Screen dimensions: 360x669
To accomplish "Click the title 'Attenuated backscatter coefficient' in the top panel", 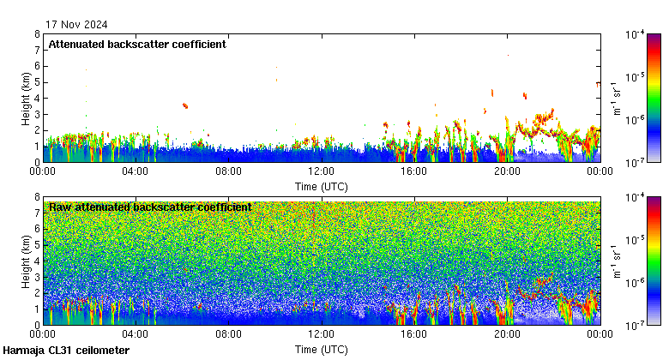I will click(137, 45).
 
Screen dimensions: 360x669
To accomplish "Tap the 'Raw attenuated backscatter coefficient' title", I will click(150, 207).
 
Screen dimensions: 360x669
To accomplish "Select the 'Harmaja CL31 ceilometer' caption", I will click(66, 351).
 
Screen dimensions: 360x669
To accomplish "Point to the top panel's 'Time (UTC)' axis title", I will click(321, 186).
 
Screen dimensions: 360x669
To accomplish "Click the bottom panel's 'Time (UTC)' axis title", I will click(321, 349).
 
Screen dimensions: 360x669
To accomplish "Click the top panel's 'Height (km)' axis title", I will click(25, 98).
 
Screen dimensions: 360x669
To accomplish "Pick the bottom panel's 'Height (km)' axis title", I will click(25, 261).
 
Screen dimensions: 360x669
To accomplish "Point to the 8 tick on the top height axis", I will click(36, 34).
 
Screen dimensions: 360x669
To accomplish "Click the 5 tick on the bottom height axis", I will click(36, 245).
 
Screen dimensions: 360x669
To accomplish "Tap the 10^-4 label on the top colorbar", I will click(636, 35).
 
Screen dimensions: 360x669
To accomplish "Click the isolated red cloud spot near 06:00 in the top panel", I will click(185, 105).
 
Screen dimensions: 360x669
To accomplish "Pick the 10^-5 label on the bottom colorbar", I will click(636, 240).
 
